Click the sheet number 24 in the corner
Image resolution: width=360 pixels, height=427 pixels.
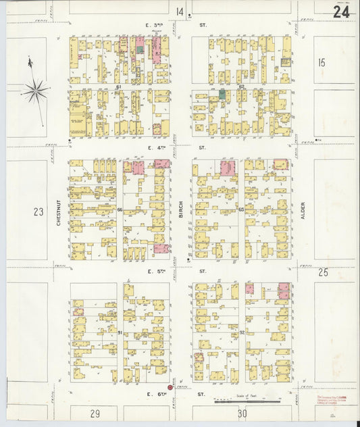click(340, 11)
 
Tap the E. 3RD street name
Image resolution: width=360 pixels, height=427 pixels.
click(157, 26)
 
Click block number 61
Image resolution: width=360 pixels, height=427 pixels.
click(118, 87)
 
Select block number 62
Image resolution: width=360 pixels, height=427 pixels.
click(241, 87)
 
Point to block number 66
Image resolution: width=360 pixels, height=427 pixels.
click(120, 210)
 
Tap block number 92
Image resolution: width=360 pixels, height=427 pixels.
click(241, 332)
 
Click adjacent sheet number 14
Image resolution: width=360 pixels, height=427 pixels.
click(180, 11)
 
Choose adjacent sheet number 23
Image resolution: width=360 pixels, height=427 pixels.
click(38, 211)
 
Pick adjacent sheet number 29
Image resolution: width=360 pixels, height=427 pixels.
click(95, 413)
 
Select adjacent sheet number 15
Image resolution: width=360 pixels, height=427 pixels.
click(322, 63)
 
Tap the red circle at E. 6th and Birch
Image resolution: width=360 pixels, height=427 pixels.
click(170, 388)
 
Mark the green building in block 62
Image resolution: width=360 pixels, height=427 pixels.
click(222, 93)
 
